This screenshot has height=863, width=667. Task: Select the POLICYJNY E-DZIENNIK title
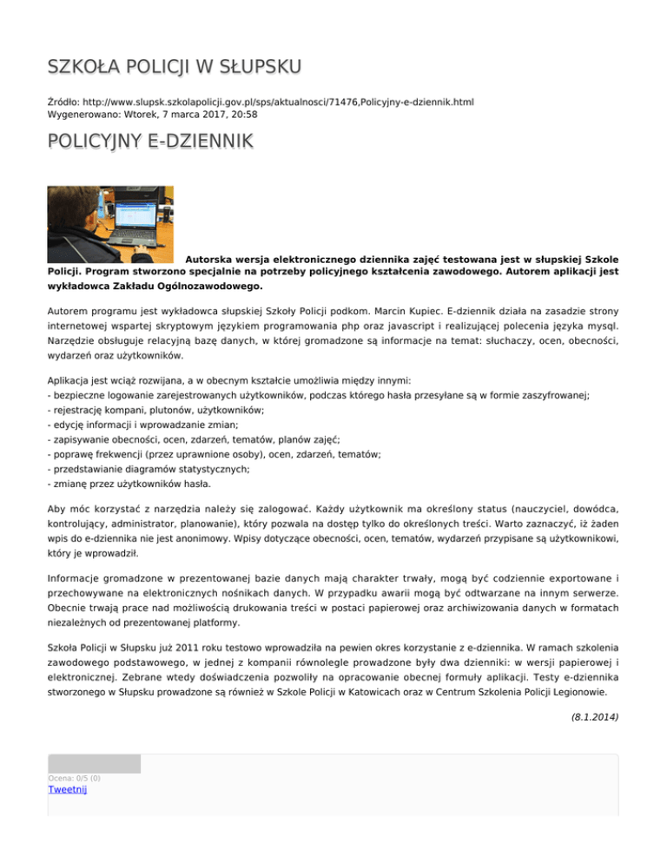(x=150, y=142)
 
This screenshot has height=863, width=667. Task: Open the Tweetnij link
(x=68, y=789)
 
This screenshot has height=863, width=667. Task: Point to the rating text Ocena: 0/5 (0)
(x=74, y=778)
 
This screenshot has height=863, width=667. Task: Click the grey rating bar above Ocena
(x=94, y=764)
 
